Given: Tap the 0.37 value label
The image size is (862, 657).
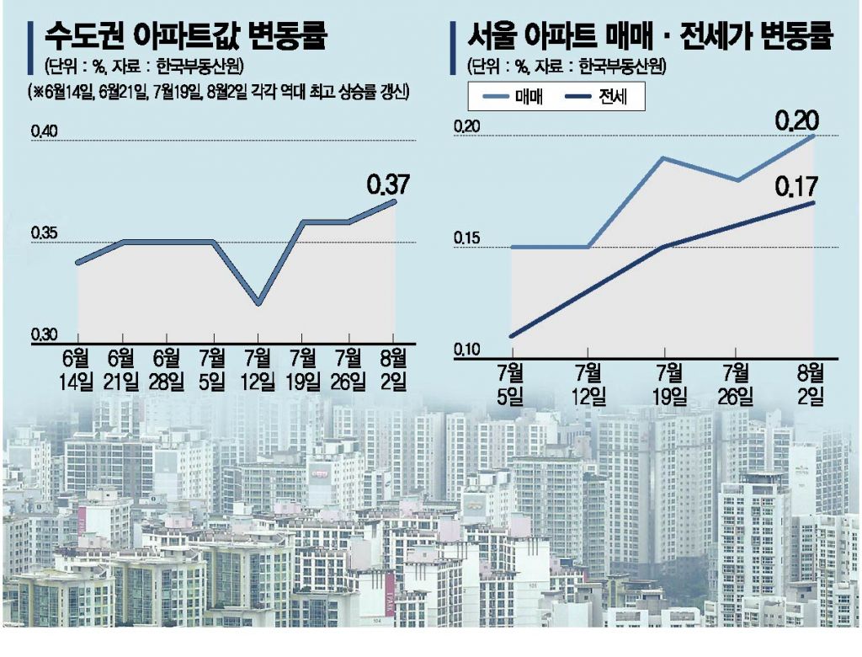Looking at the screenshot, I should point(387,183).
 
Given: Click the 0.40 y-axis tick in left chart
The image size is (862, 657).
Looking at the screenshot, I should point(44,131).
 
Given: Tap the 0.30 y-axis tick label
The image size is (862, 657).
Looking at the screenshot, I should point(44,334).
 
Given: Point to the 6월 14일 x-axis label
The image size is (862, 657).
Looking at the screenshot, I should point(77,370).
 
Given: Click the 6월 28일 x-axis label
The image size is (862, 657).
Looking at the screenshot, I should point(168,370).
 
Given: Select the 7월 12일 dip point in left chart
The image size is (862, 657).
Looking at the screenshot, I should point(258,303).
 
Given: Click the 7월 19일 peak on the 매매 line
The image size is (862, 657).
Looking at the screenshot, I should point(663,158).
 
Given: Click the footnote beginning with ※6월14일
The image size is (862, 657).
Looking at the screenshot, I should point(217,90).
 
